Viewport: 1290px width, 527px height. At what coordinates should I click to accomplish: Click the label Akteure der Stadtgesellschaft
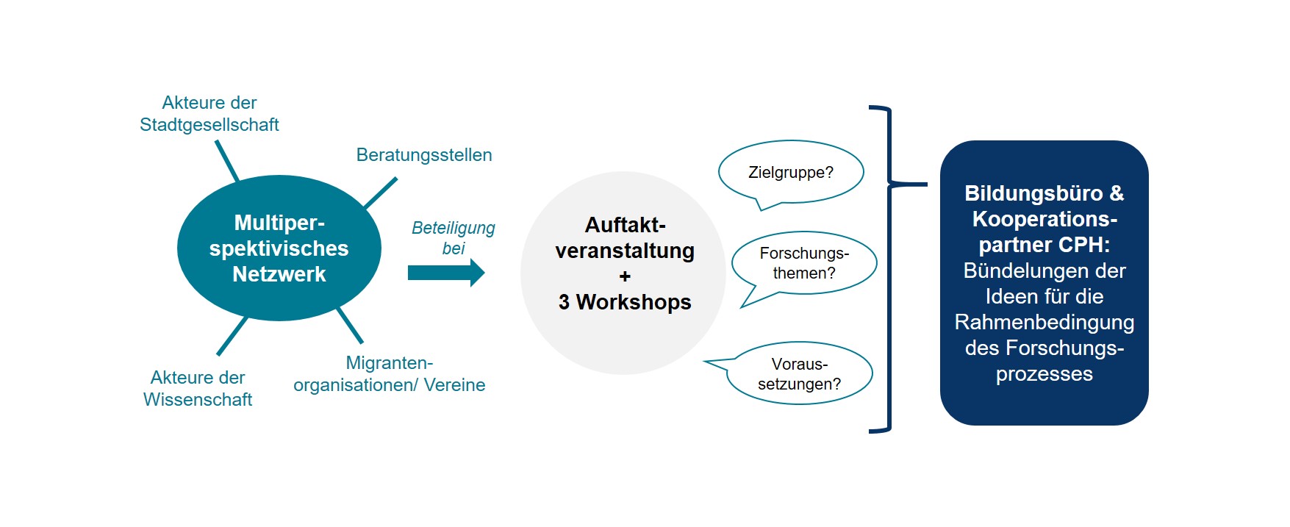pyautogui.click(x=209, y=114)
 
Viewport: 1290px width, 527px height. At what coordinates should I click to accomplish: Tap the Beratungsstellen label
pyautogui.click(x=424, y=155)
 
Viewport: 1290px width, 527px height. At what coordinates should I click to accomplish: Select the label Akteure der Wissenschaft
pyautogui.click(x=198, y=389)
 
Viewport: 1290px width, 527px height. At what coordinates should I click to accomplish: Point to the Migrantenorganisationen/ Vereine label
pyautogui.click(x=390, y=374)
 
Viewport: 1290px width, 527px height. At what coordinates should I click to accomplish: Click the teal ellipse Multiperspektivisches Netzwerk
pyautogui.click(x=279, y=248)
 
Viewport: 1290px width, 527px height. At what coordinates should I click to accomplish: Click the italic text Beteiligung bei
pyautogui.click(x=453, y=238)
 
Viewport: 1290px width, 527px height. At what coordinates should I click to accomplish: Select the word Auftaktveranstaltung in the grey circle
pyautogui.click(x=625, y=238)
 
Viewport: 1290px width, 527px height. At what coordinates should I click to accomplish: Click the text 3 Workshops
pyautogui.click(x=625, y=302)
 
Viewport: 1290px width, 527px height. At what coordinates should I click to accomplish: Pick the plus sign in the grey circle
pyautogui.click(x=625, y=276)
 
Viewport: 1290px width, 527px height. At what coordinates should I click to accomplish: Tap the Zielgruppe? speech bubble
pyautogui.click(x=791, y=173)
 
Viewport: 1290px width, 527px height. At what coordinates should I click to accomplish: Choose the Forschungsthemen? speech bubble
pyautogui.click(x=804, y=263)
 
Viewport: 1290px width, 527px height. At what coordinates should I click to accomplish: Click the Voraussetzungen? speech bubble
pyautogui.click(x=800, y=373)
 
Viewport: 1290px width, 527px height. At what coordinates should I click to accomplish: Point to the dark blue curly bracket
pyautogui.click(x=889, y=269)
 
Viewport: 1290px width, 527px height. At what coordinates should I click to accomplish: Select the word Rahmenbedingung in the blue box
pyautogui.click(x=1044, y=322)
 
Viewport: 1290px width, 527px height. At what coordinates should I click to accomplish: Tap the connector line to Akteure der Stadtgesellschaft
pyautogui.click(x=227, y=161)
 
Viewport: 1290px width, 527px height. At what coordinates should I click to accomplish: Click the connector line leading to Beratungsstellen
pyautogui.click(x=381, y=193)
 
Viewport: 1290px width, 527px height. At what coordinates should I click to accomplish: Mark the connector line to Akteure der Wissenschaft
pyautogui.click(x=232, y=336)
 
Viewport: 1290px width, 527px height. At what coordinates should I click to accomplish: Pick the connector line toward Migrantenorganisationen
pyautogui.click(x=350, y=326)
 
